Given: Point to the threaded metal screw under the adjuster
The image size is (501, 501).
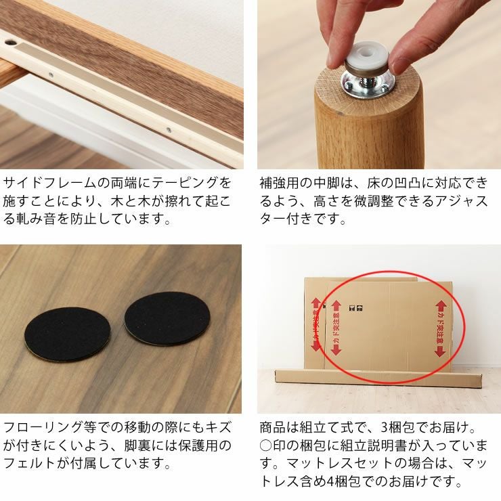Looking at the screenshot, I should (369, 87).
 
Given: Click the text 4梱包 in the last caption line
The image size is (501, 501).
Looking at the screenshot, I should (345, 483).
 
